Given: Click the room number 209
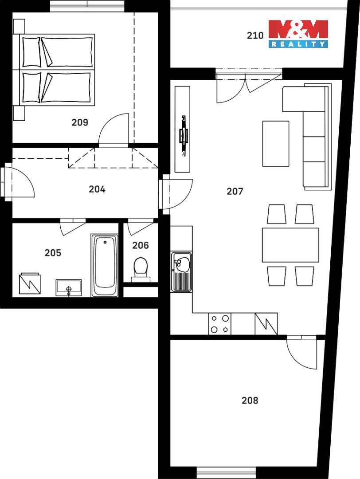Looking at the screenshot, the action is [80, 122].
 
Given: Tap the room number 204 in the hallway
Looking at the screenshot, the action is [97, 189].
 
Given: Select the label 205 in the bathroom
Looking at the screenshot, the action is [53, 253].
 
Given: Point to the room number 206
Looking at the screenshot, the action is [141, 245].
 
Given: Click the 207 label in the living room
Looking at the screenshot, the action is [235, 192].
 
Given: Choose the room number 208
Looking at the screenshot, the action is [250, 400].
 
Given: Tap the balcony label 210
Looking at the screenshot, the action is [255, 35].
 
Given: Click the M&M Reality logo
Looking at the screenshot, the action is [298, 34].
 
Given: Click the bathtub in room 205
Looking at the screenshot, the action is [105, 266].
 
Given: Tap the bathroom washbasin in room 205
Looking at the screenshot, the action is [69, 288].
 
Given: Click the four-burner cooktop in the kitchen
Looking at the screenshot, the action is [219, 324].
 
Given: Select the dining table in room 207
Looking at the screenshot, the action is [290, 245].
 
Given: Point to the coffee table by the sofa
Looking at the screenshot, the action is [276, 144].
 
